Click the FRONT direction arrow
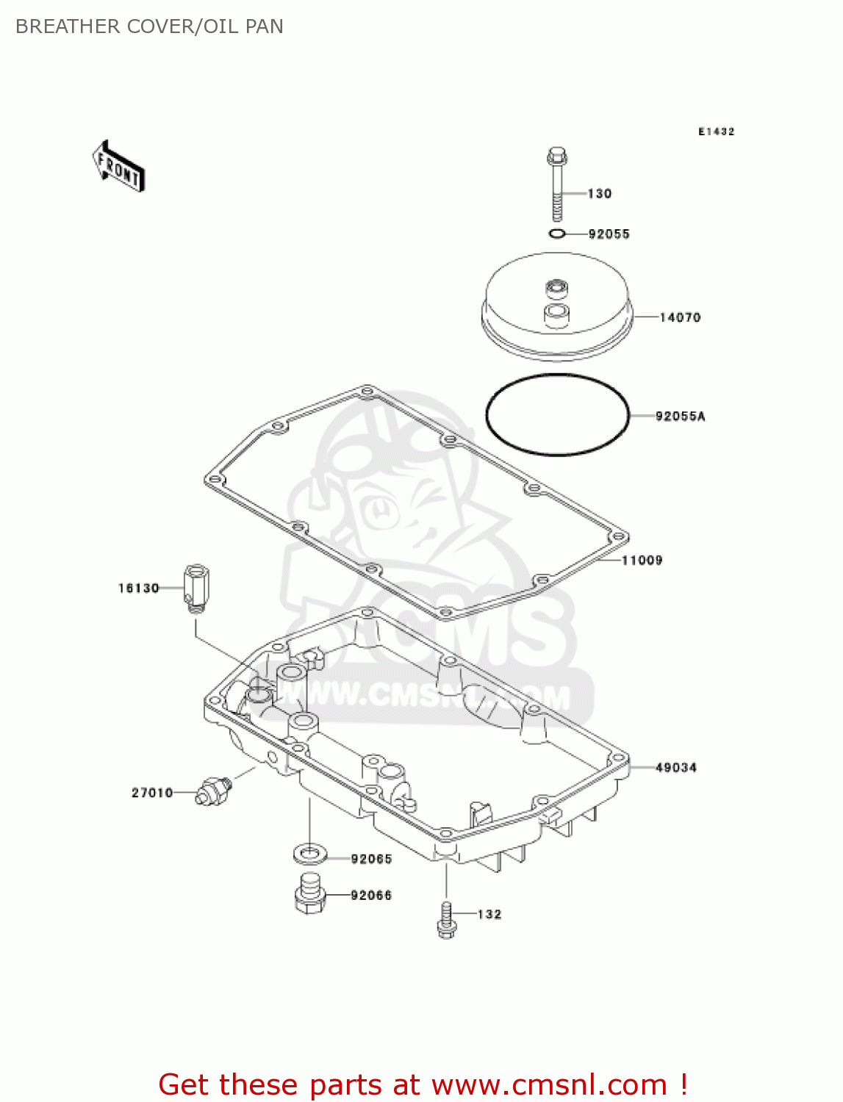[118, 167]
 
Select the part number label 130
[600, 194]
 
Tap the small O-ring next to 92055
[557, 234]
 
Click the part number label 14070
[680, 317]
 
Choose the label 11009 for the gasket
[642, 561]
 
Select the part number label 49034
[676, 768]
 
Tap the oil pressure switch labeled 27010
[213, 790]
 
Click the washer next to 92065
[310, 854]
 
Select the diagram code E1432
[716, 132]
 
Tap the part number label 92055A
[680, 417]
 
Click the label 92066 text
[371, 896]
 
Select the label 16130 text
[139, 588]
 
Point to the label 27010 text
[152, 793]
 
